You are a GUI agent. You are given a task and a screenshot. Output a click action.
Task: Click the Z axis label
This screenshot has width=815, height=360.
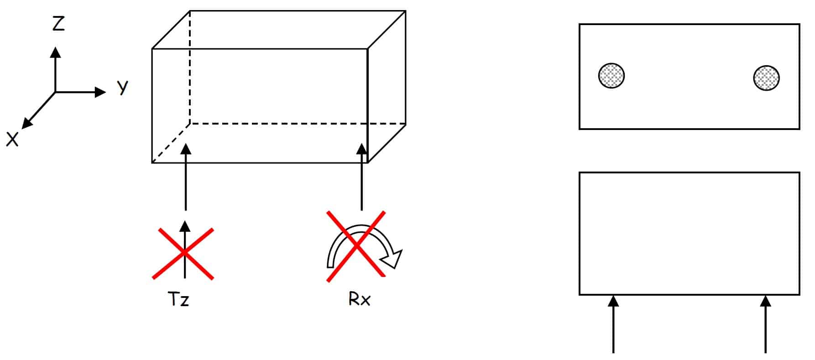click(58, 23)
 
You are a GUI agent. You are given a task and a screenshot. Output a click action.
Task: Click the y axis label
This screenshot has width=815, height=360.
click(122, 86)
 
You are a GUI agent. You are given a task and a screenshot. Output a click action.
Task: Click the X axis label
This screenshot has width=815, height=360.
click(12, 139)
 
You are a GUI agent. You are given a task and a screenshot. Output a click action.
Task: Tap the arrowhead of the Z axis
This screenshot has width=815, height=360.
click(55, 52)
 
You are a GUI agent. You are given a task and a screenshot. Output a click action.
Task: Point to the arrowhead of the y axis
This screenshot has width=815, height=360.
click(100, 92)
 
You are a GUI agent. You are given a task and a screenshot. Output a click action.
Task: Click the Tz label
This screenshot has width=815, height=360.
click(178, 299)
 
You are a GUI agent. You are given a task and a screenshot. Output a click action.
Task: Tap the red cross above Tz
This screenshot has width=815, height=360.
click(183, 253)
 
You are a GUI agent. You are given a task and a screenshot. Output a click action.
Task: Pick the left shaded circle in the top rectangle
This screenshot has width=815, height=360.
click(611, 76)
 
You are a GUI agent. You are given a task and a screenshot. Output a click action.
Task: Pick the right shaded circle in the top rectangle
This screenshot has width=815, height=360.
click(766, 78)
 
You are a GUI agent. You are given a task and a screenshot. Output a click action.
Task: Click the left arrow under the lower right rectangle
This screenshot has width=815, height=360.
click(613, 324)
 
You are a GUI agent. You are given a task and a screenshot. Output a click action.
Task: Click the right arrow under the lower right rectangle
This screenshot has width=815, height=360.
click(765, 324)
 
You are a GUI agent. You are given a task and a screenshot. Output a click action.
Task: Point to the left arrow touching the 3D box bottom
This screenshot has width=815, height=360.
click(185, 177)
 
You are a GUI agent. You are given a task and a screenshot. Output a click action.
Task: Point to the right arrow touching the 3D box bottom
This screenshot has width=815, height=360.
click(361, 177)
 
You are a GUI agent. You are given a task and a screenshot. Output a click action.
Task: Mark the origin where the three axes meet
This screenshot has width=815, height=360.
click(55, 92)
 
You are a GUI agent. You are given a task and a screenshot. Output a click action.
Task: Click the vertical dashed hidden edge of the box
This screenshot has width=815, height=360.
click(190, 67)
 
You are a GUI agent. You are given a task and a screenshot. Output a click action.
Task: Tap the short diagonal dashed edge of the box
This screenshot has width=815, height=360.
click(171, 143)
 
